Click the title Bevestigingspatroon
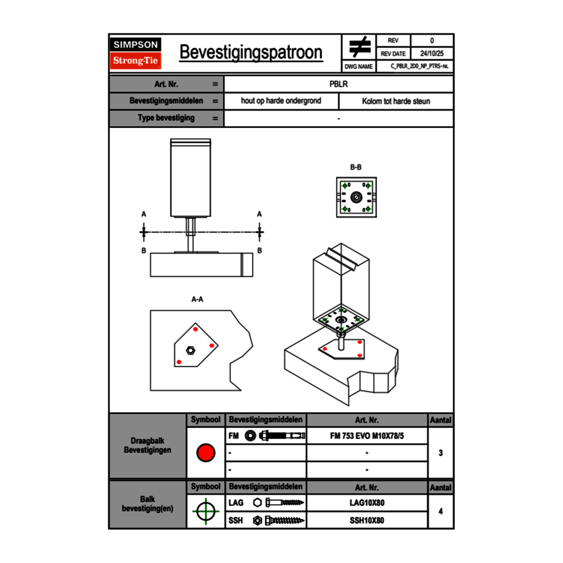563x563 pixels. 251,52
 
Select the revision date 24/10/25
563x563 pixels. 431,54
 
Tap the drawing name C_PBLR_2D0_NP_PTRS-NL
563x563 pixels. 420,66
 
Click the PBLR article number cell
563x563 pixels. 338,84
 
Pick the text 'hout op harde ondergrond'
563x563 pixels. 281,101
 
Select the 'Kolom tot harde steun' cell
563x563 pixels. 396,101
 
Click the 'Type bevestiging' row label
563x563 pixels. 166,118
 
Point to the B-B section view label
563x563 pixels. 356,167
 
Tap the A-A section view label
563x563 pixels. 198,299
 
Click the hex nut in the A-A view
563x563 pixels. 190,349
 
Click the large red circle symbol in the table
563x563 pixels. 205,453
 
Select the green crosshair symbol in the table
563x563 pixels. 205,511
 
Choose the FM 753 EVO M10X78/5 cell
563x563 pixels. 367,436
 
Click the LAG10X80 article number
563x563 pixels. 367,503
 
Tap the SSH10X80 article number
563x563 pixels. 367,520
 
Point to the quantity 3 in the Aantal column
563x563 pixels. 440,453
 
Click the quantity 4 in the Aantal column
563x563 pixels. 440,511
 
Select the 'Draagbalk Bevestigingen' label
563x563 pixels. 148,446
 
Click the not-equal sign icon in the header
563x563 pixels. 360,47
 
